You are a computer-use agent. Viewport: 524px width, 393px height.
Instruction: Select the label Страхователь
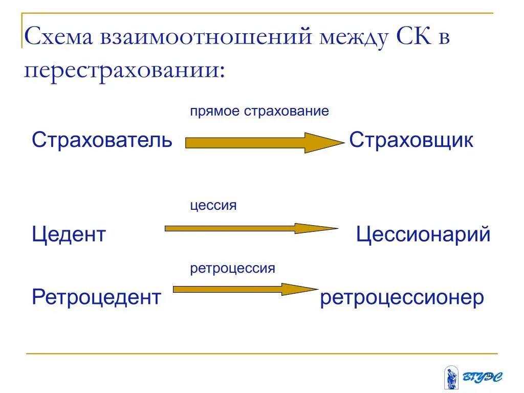pos(102,140)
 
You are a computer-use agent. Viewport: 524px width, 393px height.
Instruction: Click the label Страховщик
pos(411,140)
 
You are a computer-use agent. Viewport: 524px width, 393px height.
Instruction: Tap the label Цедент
pos(69,235)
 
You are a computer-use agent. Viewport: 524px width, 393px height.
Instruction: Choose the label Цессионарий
pos(423,235)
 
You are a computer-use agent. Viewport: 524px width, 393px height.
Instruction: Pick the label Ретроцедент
pos(96,297)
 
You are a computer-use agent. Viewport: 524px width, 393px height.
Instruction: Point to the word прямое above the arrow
pos(215,111)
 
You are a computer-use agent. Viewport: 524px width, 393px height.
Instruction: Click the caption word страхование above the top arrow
pos(286,111)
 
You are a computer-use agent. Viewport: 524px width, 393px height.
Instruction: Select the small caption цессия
pos(213,206)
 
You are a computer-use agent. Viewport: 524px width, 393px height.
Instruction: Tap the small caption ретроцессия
pos(233,268)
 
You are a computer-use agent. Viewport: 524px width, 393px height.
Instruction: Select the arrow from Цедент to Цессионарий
pos(251,229)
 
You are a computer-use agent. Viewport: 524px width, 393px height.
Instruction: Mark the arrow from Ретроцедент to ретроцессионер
pos(245,290)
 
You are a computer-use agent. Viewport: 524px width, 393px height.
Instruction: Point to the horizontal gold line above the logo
pos(261,353)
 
